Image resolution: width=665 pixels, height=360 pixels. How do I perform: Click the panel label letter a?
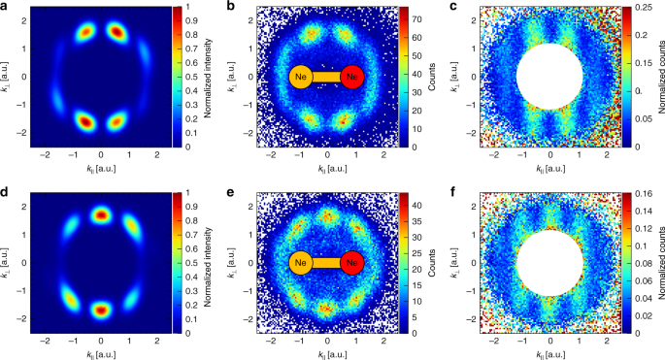pyautogui.click(x=5, y=8)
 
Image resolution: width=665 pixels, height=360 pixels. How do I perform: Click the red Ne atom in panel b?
pyautogui.click(x=351, y=77)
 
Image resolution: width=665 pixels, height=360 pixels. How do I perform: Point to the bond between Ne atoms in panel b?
pyautogui.click(x=326, y=77)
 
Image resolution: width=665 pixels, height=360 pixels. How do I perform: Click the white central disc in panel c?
pyautogui.click(x=549, y=77)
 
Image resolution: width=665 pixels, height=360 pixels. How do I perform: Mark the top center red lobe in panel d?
pyautogui.click(x=102, y=215)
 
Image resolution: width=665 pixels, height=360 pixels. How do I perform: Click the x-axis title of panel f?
pyautogui.click(x=549, y=353)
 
